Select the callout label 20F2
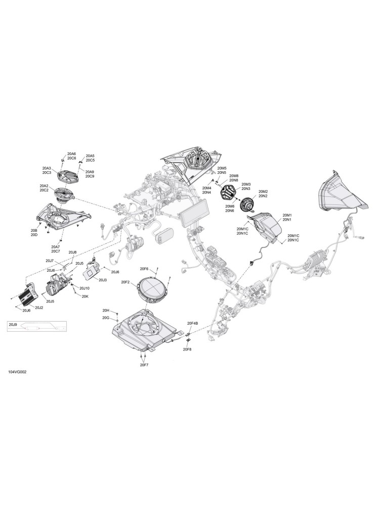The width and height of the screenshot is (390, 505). (x=125, y=282)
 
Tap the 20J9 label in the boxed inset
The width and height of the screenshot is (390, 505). (x=13, y=325)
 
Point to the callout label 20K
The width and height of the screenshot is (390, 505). (x=85, y=296)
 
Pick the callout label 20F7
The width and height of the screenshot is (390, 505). (x=144, y=365)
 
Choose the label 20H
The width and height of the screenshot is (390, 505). (x=106, y=311)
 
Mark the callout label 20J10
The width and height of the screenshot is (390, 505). (x=84, y=288)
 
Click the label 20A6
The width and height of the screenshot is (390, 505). (x=72, y=154)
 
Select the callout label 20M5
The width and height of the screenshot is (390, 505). (x=222, y=168)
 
